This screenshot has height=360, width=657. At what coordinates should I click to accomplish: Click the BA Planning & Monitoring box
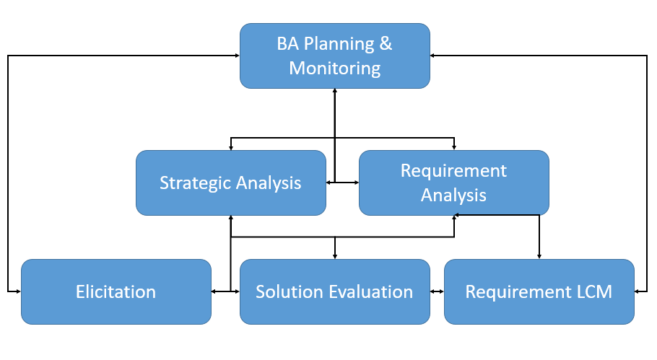point(335,56)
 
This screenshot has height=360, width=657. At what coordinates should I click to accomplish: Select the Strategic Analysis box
point(231,183)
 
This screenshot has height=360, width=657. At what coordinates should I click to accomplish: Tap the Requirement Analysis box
point(453,183)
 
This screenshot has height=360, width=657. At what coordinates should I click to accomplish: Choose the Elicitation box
point(116,291)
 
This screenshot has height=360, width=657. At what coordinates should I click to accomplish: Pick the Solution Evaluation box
point(334,291)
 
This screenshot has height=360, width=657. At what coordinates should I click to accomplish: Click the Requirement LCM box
point(539,291)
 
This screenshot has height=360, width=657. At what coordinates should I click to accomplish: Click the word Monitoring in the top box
point(335,69)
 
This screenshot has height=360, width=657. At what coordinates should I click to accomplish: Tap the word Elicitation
point(116,292)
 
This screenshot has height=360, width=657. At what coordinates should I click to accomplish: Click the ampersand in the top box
point(386,43)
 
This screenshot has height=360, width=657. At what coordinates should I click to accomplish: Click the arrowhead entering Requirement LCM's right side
point(638,291)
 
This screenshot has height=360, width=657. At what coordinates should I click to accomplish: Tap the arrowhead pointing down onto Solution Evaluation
point(335,255)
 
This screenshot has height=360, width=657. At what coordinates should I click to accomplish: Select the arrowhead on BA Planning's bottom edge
point(335,92)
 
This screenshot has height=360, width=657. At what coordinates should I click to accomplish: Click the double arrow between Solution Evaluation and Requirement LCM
point(436,291)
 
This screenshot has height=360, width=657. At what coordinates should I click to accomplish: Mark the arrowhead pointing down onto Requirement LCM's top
point(539,255)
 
